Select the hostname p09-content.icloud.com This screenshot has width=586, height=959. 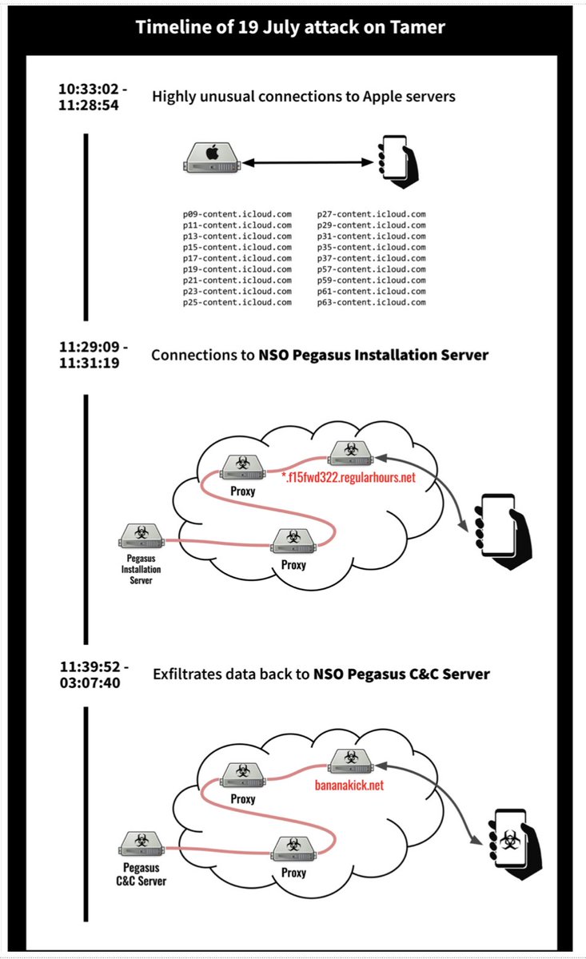coord(237,214)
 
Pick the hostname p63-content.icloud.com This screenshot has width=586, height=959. coord(372,303)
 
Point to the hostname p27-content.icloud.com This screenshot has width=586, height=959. coord(372,214)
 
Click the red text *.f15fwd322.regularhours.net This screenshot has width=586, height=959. coord(349,478)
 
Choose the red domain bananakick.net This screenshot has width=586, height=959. coord(350,786)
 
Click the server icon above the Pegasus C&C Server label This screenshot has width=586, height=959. coord(141,843)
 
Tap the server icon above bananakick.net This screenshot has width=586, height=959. coord(349,759)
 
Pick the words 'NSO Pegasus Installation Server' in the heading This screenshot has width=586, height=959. coord(373,354)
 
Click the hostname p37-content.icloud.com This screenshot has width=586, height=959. coord(372,259)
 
